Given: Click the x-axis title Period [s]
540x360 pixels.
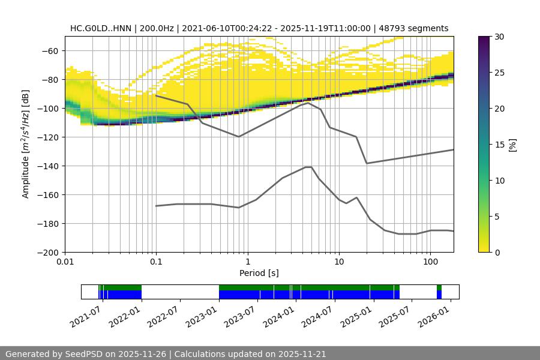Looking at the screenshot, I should tap(259, 273).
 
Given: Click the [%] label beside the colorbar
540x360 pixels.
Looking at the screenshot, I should tap(512, 145).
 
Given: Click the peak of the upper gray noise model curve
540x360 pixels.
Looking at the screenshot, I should tap(308, 103).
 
